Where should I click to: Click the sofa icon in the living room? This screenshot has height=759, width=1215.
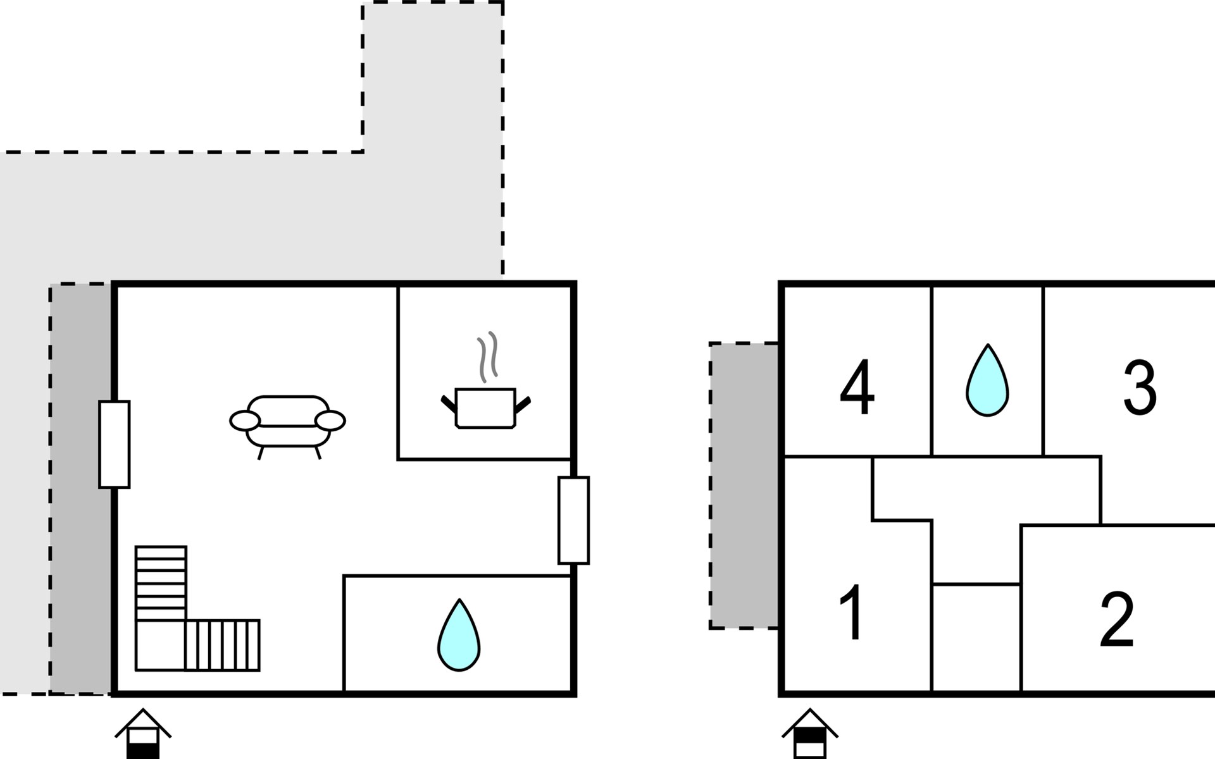coord(287,426)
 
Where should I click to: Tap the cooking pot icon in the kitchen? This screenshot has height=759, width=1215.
coord(485,409)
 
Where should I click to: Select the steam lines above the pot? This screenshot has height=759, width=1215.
coord(487,357)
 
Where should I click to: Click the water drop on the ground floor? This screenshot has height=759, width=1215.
coord(459,634)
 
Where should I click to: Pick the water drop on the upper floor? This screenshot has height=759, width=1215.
coord(987,380)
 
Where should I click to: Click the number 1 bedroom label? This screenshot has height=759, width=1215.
coord(852,612)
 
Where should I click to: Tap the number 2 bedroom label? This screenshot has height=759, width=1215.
coord(1117,620)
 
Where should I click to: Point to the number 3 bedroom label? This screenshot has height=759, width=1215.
coord(1140,387)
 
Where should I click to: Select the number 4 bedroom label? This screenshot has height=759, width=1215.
coord(857,387)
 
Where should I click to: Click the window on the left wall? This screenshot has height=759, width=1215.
coord(115,444)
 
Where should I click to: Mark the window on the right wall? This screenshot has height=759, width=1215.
coord(573,520)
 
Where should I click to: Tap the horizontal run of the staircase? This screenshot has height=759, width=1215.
coord(223,645)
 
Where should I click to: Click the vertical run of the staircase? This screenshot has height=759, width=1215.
coord(161,583)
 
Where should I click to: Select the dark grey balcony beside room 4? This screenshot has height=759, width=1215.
coord(744,486)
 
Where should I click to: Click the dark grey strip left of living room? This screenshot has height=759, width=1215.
coord(81,488)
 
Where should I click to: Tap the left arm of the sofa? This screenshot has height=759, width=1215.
coord(245,421)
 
